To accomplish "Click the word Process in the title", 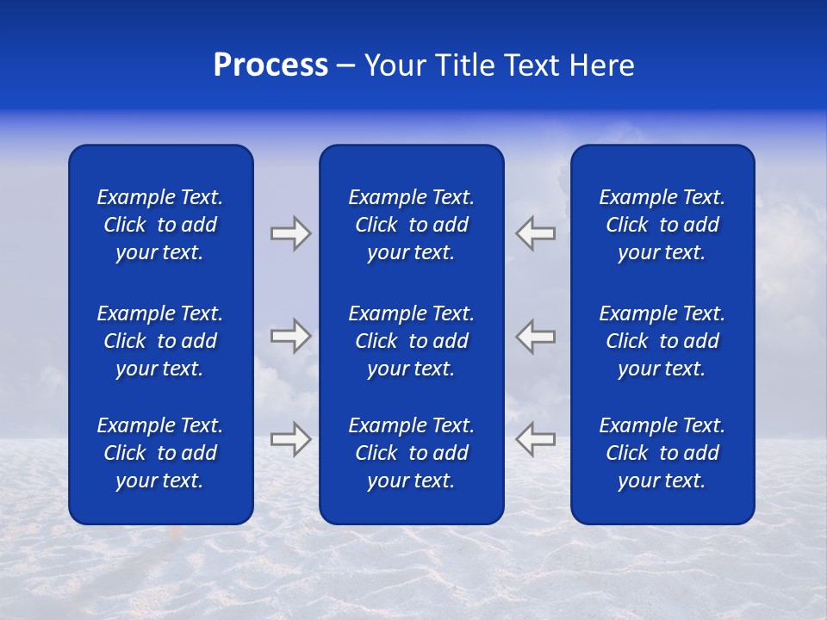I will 270,65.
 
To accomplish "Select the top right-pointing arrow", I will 291,233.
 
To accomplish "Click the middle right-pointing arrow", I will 291,335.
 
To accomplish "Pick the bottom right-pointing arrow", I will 291,438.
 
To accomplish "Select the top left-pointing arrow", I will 535,233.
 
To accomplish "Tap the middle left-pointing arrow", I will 535,335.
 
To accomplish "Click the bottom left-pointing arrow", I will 535,438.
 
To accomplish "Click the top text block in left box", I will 160,225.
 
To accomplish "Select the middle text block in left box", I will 160,341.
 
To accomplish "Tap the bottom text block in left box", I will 160,453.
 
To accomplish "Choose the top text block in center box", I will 411,225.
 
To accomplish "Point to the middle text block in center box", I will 411,341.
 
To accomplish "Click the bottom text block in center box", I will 411,453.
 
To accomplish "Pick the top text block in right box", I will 662,225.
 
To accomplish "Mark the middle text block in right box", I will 662,341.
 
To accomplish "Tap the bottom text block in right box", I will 662,453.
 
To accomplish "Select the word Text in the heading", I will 535,65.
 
